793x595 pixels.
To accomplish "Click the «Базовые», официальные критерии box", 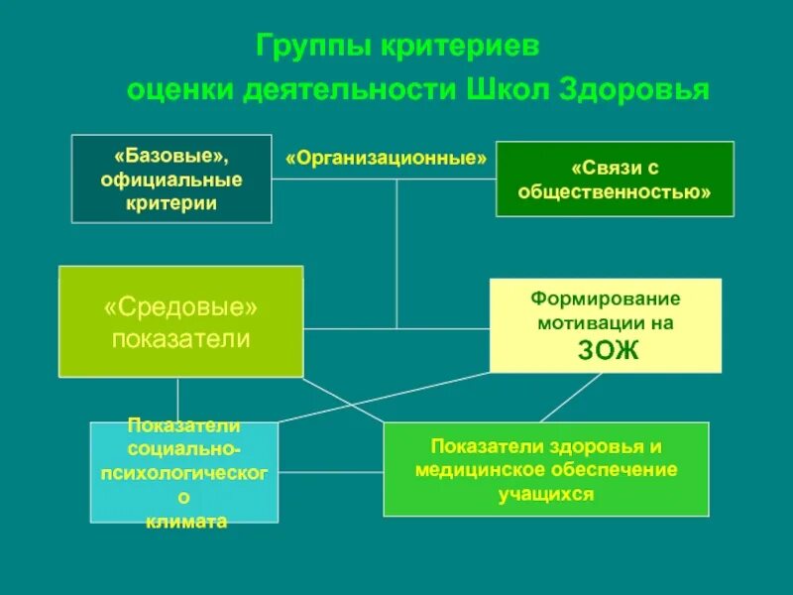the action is pyautogui.click(x=171, y=178).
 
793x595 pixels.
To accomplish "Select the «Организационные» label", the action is pyautogui.click(x=387, y=159).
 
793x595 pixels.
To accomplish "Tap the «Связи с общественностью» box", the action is pyautogui.click(x=615, y=178).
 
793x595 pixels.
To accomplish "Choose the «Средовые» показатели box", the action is pyautogui.click(x=180, y=321).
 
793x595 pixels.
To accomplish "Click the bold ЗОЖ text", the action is pyautogui.click(x=605, y=349).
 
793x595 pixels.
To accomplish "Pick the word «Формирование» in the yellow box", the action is pyautogui.click(x=605, y=297).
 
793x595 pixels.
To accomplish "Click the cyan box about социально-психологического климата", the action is pyautogui.click(x=184, y=472).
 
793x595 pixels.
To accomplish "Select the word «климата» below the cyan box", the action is pyautogui.click(x=184, y=521).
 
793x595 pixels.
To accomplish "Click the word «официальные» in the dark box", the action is pyautogui.click(x=171, y=179).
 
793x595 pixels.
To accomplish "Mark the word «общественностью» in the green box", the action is pyautogui.click(x=615, y=191).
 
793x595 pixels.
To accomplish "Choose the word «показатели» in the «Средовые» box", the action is pyautogui.click(x=180, y=339).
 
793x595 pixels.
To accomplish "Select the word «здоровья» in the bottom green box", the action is pyautogui.click(x=594, y=446).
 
